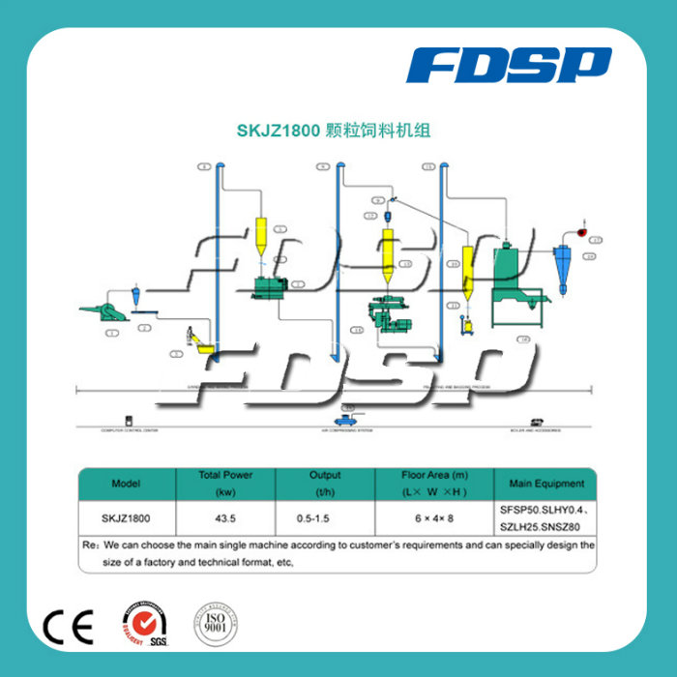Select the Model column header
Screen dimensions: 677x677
(127, 483)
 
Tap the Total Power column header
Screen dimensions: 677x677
(225, 483)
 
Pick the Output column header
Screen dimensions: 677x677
(325, 483)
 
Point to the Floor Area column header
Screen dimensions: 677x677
(434, 483)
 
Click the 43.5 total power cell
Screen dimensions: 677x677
(225, 517)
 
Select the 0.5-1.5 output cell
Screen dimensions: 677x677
(325, 517)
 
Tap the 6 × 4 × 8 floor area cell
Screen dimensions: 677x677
(434, 517)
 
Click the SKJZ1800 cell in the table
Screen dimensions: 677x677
(127, 517)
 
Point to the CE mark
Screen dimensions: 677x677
(69, 629)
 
